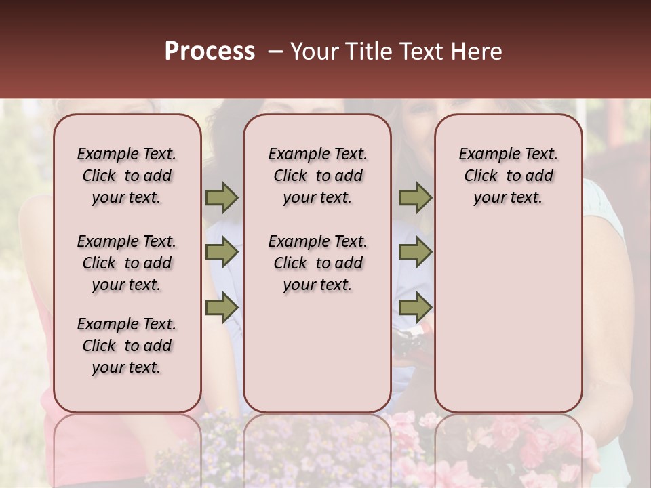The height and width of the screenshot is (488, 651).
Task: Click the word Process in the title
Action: pyautogui.click(x=210, y=52)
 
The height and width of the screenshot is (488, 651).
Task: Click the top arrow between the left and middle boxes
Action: pyautogui.click(x=222, y=198)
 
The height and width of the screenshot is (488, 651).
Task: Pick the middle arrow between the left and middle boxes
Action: pyautogui.click(x=222, y=252)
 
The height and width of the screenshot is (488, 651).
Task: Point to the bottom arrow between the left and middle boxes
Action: pyautogui.click(x=222, y=307)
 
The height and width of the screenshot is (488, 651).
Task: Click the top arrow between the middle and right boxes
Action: pyautogui.click(x=415, y=198)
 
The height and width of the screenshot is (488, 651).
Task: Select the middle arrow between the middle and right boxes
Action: pyautogui.click(x=415, y=252)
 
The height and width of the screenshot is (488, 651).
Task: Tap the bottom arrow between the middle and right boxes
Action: pyautogui.click(x=415, y=307)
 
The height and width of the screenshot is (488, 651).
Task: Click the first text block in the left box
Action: pyautogui.click(x=127, y=176)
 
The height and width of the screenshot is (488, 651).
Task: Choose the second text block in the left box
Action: pyautogui.click(x=127, y=263)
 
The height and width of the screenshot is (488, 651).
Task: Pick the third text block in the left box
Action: pyautogui.click(x=127, y=346)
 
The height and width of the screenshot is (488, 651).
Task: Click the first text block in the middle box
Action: pyautogui.click(x=318, y=176)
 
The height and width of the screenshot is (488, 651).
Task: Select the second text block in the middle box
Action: pyautogui.click(x=318, y=263)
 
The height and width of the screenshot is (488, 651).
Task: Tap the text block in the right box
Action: pyautogui.click(x=509, y=176)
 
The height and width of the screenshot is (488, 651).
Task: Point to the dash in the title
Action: pyautogui.click(x=275, y=52)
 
